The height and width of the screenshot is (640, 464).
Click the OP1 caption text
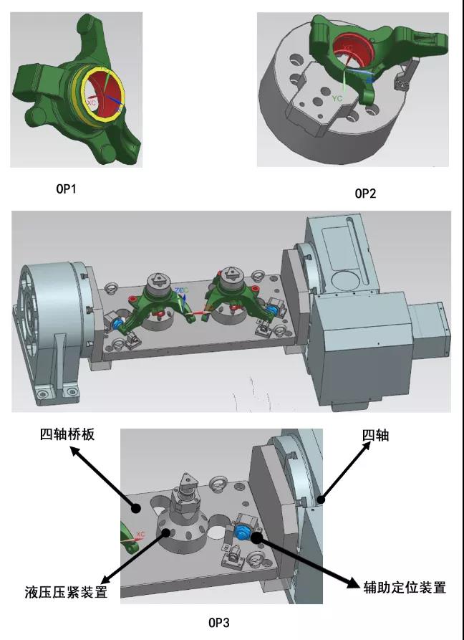[65, 190]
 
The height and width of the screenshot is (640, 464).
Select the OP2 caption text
[365, 194]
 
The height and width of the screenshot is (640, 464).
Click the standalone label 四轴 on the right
[376, 434]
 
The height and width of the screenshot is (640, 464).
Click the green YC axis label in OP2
[338, 98]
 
